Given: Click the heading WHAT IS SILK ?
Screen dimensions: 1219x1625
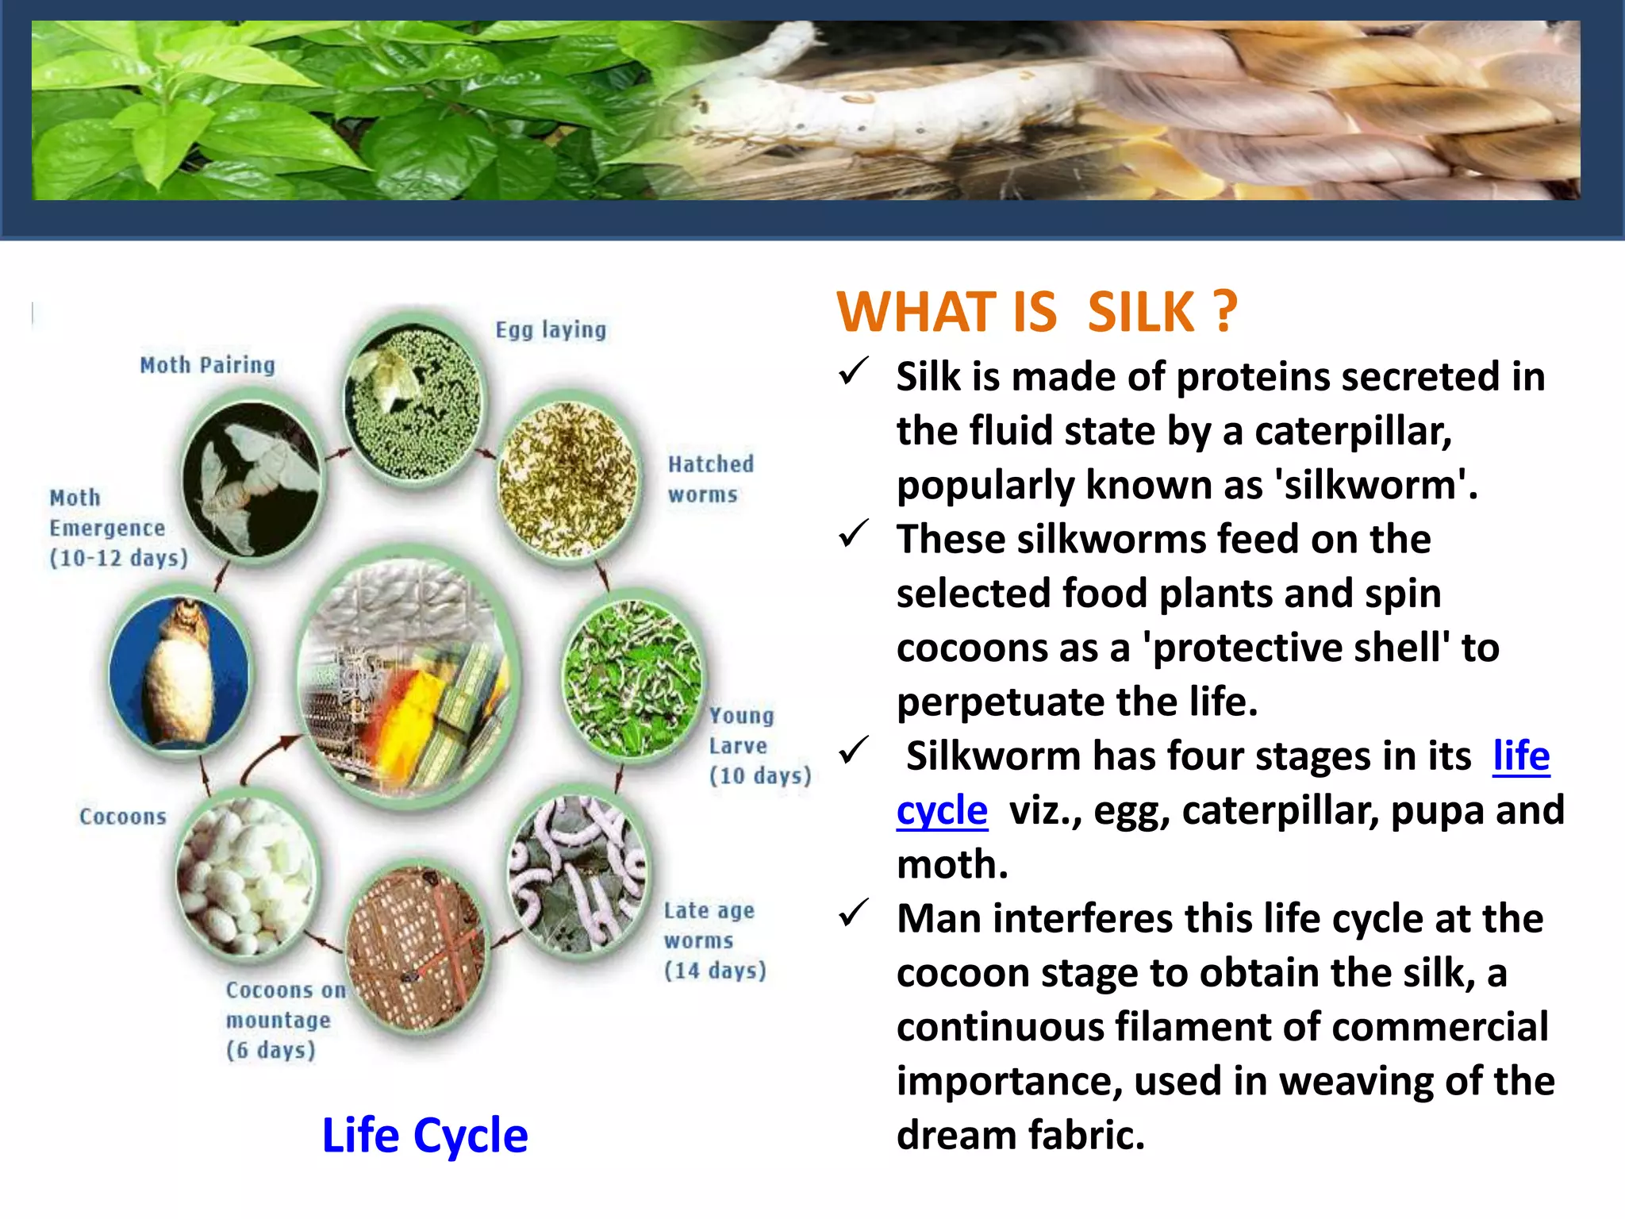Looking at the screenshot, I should [x=1036, y=312].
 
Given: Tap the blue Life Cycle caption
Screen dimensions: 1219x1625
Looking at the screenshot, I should [x=424, y=1135].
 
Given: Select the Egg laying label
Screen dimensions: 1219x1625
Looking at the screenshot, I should [x=551, y=329].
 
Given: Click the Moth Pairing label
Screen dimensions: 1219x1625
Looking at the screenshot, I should [x=207, y=365].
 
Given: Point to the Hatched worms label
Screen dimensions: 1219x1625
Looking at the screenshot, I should [x=710, y=479].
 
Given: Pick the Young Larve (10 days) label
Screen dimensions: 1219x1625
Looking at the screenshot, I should [x=759, y=746].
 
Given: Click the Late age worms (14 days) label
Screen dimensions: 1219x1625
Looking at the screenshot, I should [x=714, y=940].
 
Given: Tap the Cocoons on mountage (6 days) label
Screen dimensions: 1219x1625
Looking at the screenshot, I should [x=284, y=1020].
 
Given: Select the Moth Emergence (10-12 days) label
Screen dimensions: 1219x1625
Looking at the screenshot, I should [x=117, y=528].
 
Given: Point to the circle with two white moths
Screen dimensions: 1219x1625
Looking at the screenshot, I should [x=252, y=480].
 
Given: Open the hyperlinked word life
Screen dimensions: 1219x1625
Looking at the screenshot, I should [x=1520, y=756].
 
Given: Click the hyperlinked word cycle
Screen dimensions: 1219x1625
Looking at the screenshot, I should [x=942, y=810].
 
